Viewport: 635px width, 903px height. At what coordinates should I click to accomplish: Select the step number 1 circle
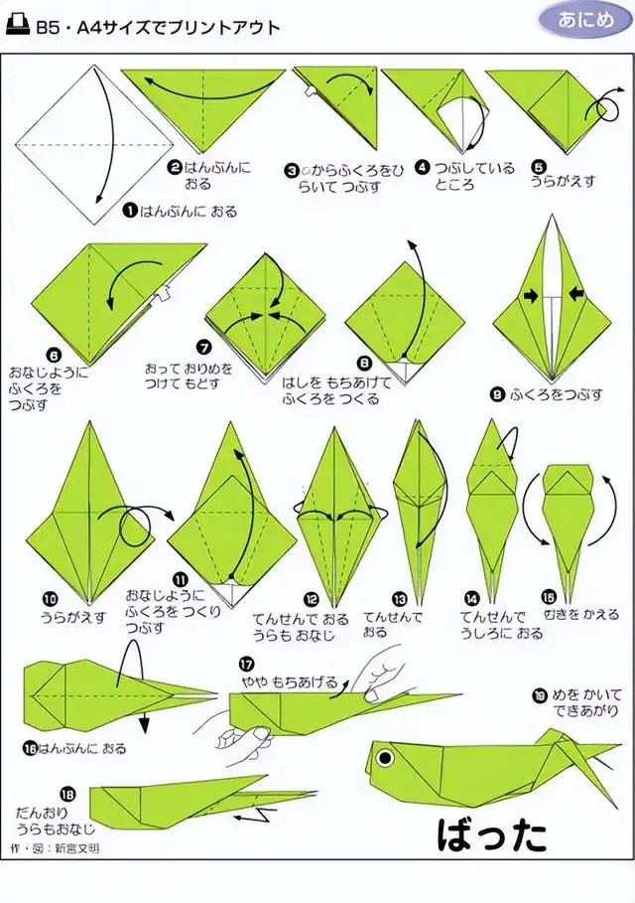coord(129,212)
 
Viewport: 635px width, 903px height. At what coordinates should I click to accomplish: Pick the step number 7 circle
coord(204,347)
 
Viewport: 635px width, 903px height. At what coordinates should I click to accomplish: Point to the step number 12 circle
coord(312,600)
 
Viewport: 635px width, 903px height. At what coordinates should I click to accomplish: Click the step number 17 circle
coord(247,665)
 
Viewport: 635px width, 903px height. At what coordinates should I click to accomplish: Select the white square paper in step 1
coord(95,145)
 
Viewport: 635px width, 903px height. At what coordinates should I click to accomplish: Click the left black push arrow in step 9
coord(531,296)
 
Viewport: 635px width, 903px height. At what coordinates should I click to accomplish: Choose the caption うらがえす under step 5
coord(563,181)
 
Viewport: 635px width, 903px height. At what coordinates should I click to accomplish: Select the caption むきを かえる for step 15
coord(581,615)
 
